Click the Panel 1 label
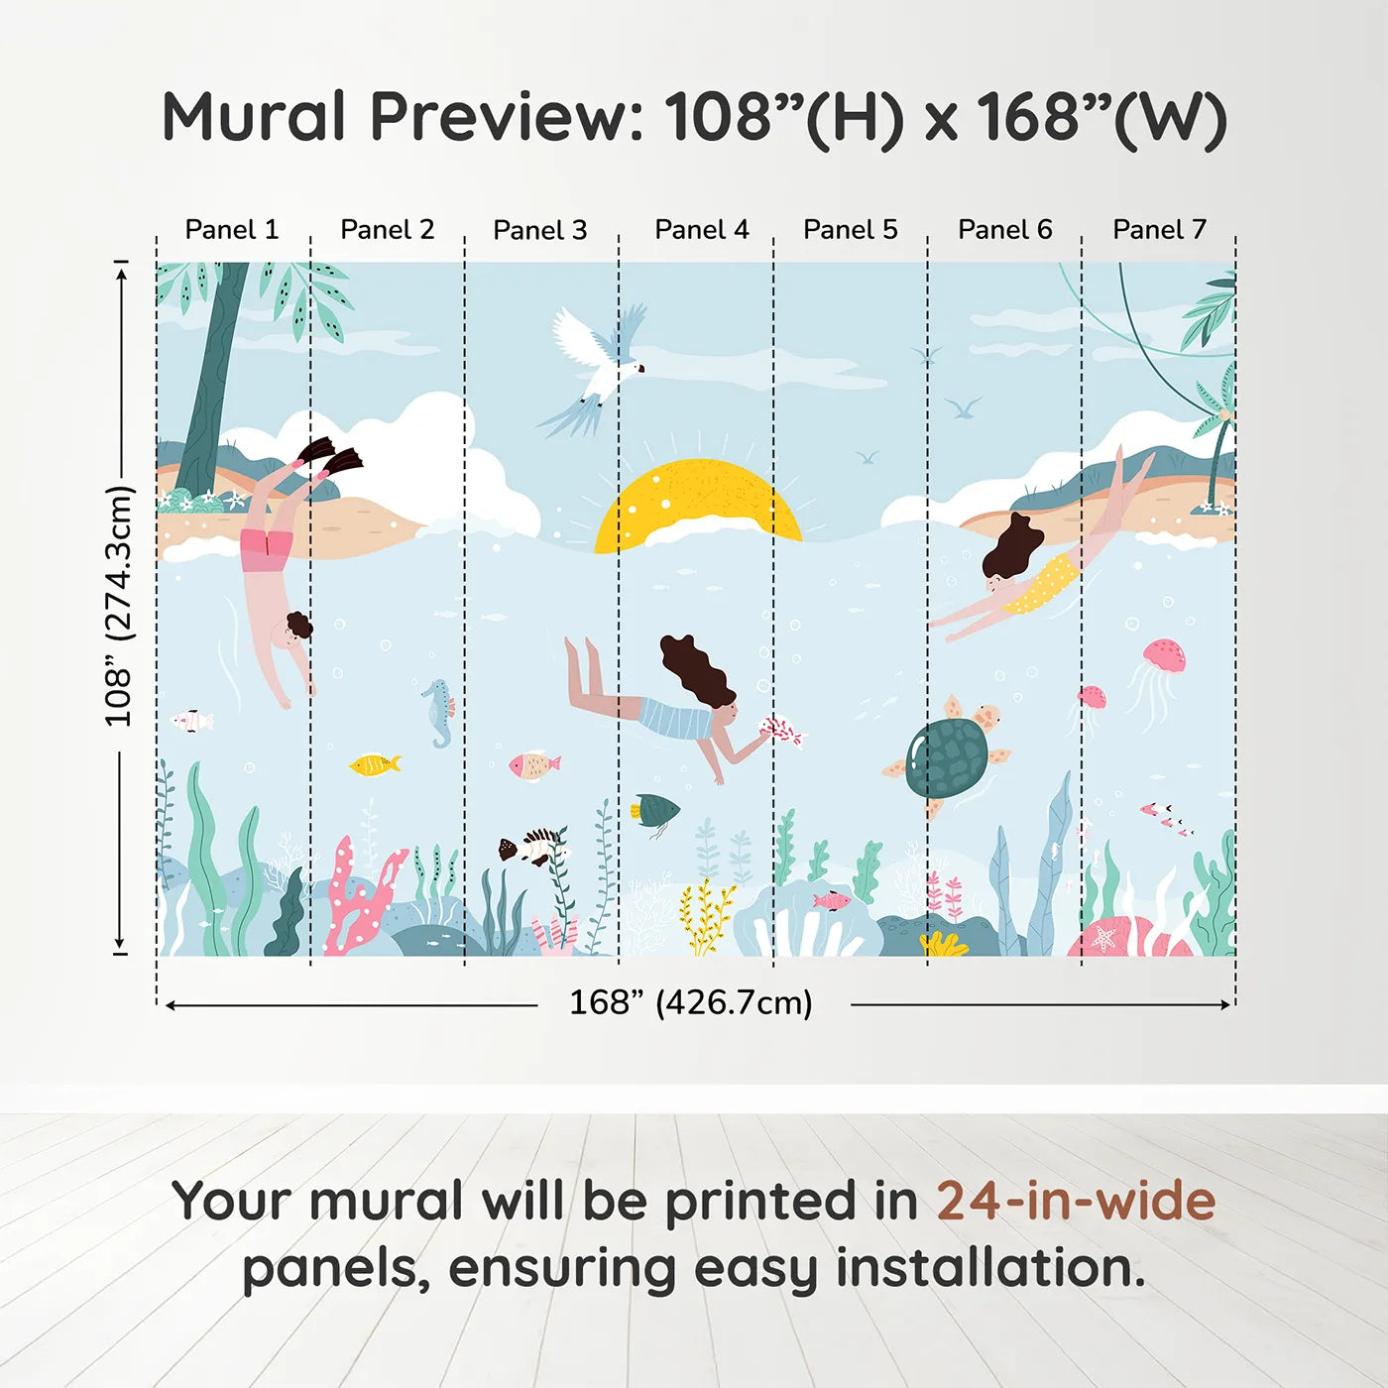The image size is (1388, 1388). (x=231, y=229)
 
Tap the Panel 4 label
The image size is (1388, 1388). (x=702, y=229)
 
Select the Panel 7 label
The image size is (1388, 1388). (x=1159, y=229)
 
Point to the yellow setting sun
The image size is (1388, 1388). (x=697, y=502)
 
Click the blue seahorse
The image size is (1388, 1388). (x=438, y=713)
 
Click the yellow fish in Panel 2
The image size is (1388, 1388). (x=374, y=764)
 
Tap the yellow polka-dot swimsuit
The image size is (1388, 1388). (x=1043, y=584)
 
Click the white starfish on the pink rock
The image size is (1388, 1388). (x=1102, y=939)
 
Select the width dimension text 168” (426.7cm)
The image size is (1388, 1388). (x=691, y=1002)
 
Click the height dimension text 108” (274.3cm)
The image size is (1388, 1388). (x=120, y=606)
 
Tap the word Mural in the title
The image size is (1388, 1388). (x=254, y=116)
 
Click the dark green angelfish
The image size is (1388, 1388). (x=655, y=809)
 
